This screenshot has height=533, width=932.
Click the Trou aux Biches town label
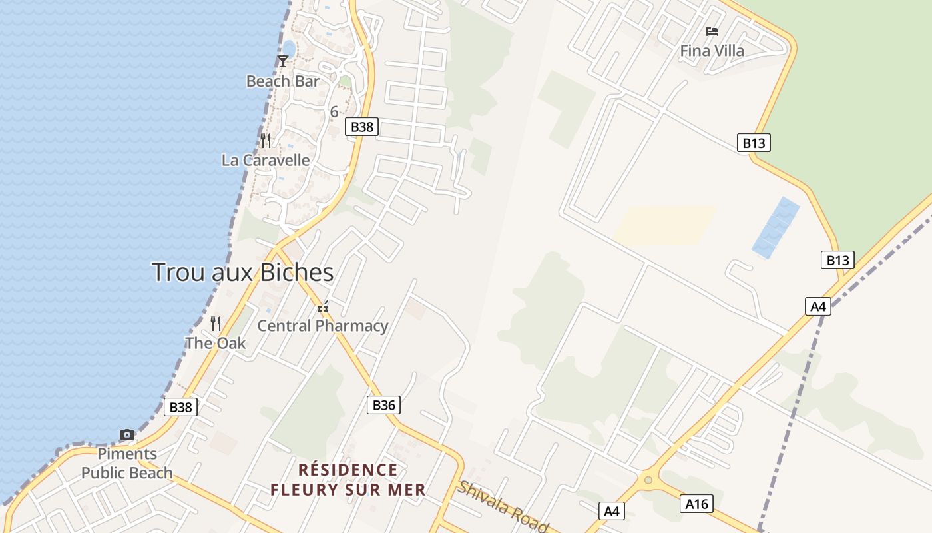pyautogui.click(x=243, y=272)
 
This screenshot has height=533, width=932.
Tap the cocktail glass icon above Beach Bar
pyautogui.click(x=283, y=61)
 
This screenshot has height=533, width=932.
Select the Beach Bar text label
pyautogui.click(x=283, y=81)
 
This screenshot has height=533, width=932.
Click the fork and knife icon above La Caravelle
pyautogui.click(x=266, y=140)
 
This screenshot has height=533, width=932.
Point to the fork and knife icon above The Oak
pyautogui.click(x=216, y=324)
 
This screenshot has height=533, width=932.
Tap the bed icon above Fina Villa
pyautogui.click(x=712, y=31)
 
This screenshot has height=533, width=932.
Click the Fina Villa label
pyautogui.click(x=712, y=51)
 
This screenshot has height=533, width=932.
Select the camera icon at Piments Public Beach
pyautogui.click(x=127, y=434)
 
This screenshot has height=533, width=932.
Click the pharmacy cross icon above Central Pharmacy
pyautogui.click(x=323, y=308)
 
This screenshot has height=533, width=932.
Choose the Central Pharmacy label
pyautogui.click(x=323, y=326)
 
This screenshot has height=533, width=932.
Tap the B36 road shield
pyautogui.click(x=383, y=404)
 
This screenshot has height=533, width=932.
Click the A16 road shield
pyautogui.click(x=697, y=504)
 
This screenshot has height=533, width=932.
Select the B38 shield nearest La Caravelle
pyautogui.click(x=361, y=127)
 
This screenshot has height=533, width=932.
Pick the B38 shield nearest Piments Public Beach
pyautogui.click(x=180, y=407)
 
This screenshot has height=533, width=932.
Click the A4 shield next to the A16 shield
pyautogui.click(x=612, y=511)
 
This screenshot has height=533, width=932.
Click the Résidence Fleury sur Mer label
pyautogui.click(x=348, y=480)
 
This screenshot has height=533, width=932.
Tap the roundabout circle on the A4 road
pyautogui.click(x=648, y=480)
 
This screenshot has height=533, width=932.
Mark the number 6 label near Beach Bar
pyautogui.click(x=334, y=111)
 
